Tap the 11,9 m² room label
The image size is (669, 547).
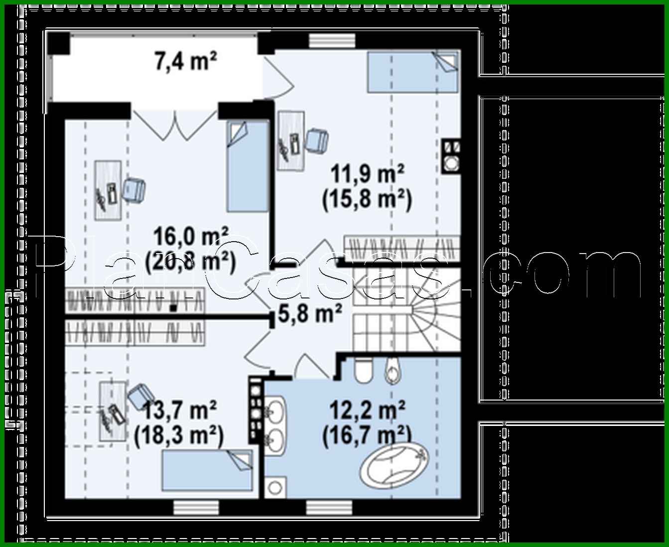point(367,175)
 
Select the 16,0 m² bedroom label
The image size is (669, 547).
point(191,235)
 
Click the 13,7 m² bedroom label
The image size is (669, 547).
point(179,411)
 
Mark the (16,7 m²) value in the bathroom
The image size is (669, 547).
point(367,436)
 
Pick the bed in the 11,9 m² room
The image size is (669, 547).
point(412,72)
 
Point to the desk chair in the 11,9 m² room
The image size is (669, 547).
point(317,140)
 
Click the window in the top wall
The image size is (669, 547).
point(324,40)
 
